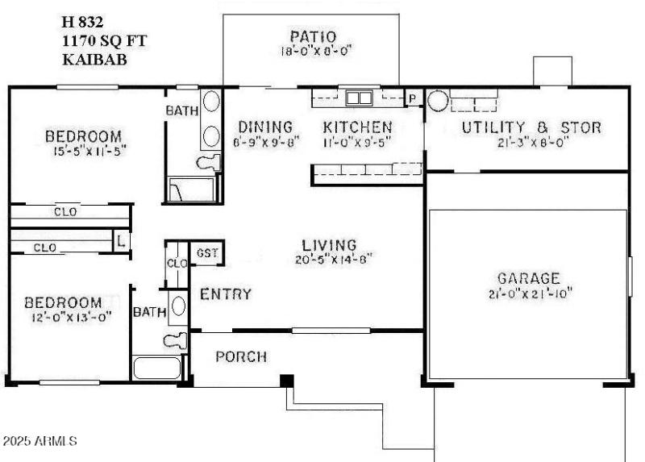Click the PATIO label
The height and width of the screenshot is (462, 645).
click(x=311, y=36)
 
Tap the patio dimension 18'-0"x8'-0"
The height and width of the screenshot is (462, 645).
click(x=311, y=50)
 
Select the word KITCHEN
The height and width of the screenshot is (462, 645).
click(x=357, y=127)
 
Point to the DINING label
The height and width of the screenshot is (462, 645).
click(x=264, y=127)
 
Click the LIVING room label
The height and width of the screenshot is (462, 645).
click(x=329, y=245)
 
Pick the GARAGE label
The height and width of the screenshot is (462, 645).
click(x=528, y=278)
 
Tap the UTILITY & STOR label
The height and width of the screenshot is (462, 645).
click(x=531, y=127)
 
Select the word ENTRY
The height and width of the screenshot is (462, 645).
click(x=226, y=294)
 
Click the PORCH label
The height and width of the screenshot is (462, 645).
click(x=241, y=356)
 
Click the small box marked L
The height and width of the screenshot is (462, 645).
click(x=120, y=240)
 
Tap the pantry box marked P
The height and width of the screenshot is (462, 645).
click(x=413, y=98)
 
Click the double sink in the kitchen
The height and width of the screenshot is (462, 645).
click(x=358, y=98)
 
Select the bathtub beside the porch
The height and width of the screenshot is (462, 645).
click(x=159, y=369)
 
